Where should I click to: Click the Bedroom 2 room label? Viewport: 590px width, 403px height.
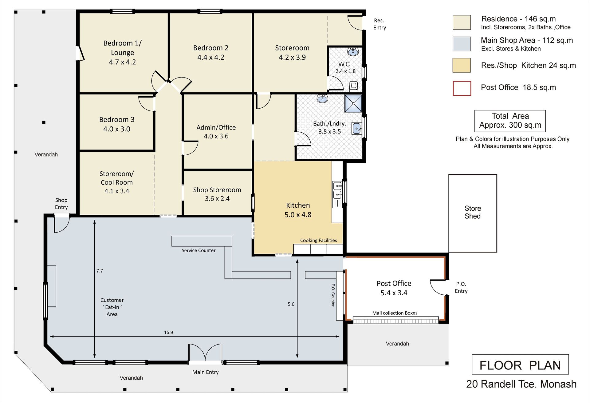click(x=211, y=48)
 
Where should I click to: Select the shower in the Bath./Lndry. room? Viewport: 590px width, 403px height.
click(x=353, y=104)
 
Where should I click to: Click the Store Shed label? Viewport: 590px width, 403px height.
click(x=473, y=212)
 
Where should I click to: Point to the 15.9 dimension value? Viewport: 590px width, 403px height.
click(x=168, y=333)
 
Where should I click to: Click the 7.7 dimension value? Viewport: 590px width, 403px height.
click(x=100, y=271)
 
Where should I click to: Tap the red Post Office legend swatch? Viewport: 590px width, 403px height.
click(x=462, y=89)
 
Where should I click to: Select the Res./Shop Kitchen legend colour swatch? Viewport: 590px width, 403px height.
click(x=462, y=66)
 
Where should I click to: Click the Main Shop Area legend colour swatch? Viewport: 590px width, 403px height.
click(x=462, y=44)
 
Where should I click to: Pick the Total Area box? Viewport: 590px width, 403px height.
click(x=510, y=121)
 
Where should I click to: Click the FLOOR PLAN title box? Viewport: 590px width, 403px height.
click(x=520, y=365)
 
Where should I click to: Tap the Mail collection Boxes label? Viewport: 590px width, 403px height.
click(x=395, y=313)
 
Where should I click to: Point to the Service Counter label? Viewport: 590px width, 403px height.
click(x=199, y=251)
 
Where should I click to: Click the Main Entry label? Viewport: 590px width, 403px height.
click(x=206, y=372)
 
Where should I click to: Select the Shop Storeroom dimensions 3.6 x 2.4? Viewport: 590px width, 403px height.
click(x=217, y=199)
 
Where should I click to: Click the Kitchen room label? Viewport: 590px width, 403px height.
click(x=298, y=205)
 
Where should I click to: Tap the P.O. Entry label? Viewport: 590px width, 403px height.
click(x=461, y=288)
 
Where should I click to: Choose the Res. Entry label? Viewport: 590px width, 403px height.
click(x=380, y=24)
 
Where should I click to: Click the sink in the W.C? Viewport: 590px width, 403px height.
click(x=353, y=51)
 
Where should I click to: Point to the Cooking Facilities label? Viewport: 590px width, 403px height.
click(x=319, y=241)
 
